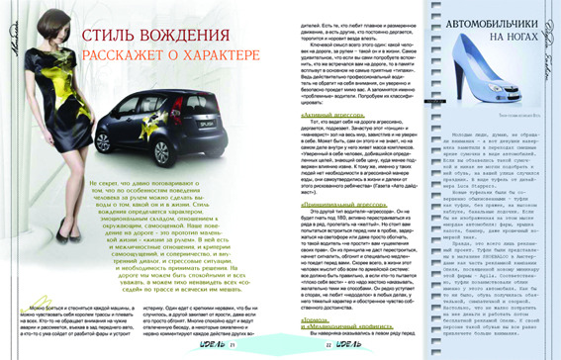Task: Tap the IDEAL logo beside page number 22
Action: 322,347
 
